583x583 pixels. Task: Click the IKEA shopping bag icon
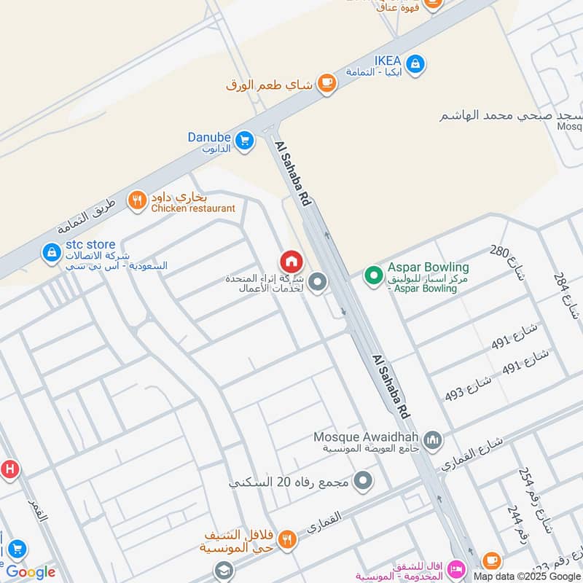tap(415, 63)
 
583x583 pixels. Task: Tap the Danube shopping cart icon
tap(243, 138)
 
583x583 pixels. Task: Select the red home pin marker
tap(291, 261)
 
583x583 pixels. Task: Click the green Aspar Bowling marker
tap(374, 275)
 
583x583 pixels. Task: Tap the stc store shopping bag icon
tap(52, 253)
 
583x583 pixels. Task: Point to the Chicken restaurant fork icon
tap(137, 200)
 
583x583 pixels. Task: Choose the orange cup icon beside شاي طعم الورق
tap(326, 83)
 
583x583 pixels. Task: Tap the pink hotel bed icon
tap(456, 567)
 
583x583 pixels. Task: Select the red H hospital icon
tap(9, 468)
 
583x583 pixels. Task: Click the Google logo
tap(31, 572)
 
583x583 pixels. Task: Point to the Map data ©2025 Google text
tap(526, 576)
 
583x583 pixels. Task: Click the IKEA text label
tap(388, 60)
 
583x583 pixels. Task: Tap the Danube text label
tap(209, 136)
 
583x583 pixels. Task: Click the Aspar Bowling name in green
tap(428, 267)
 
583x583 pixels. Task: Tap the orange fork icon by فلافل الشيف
tap(288, 539)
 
